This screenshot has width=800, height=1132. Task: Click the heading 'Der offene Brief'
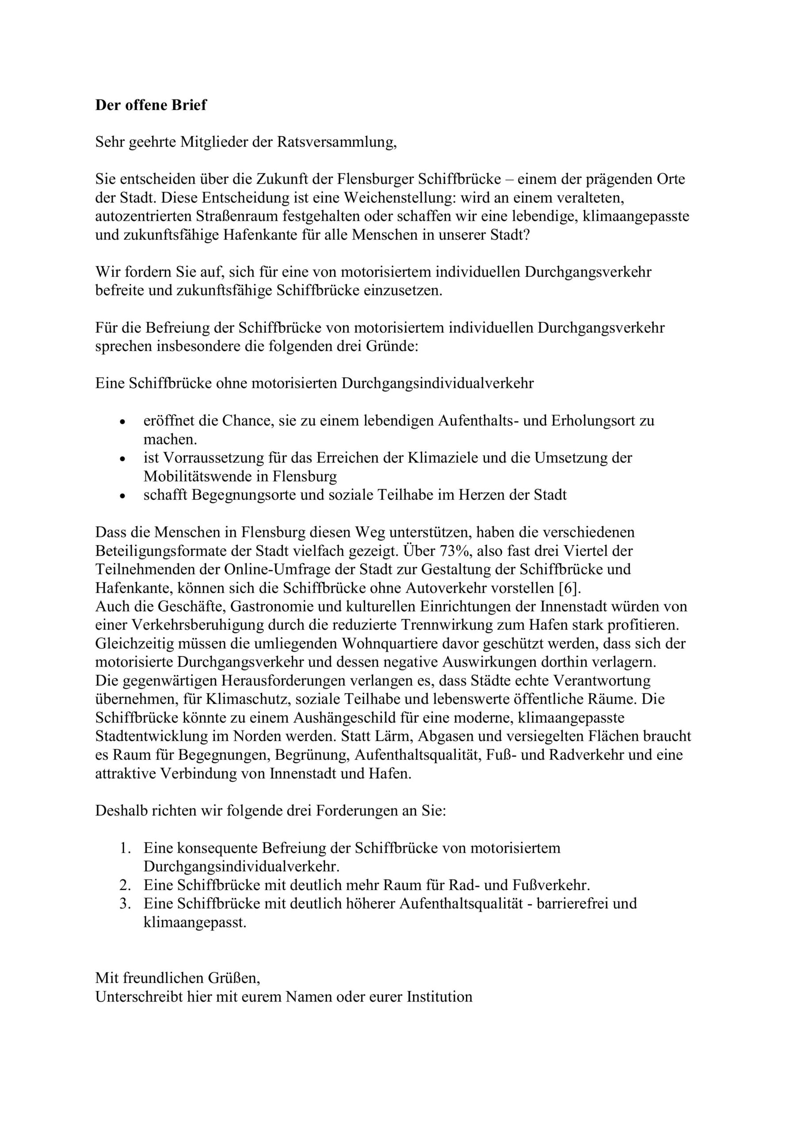click(150, 105)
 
